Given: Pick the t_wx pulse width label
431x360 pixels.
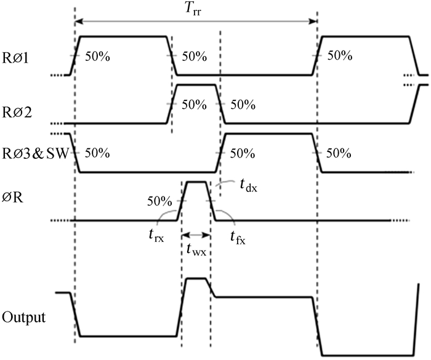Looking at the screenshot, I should [x=196, y=249].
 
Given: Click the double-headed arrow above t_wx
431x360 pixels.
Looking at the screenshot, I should [x=196, y=234].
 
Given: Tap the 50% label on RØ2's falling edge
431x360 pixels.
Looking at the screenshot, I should [x=243, y=104].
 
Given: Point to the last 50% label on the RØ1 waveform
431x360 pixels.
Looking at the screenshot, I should [x=340, y=56].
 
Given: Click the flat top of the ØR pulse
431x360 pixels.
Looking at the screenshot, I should [x=196, y=182].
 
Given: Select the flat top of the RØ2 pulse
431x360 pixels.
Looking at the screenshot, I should [x=196, y=85].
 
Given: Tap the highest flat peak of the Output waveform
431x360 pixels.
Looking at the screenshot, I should [x=196, y=278].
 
